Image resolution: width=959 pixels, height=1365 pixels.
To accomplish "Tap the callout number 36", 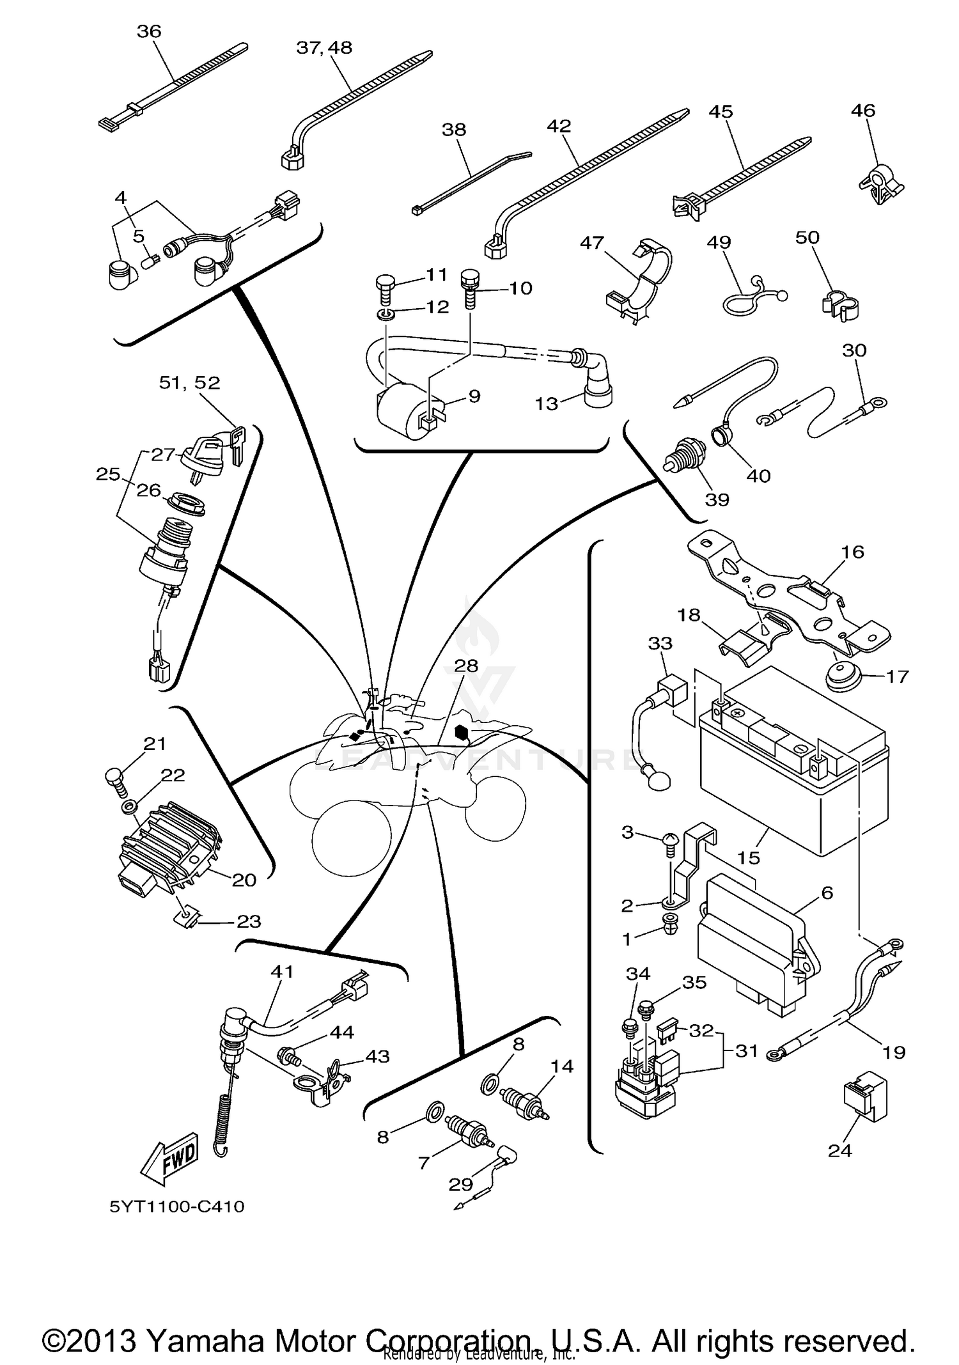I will click(x=149, y=31).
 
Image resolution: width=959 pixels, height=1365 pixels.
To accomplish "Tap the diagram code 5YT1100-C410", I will click(x=177, y=1206).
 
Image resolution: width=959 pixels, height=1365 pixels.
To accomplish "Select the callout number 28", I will click(x=466, y=666).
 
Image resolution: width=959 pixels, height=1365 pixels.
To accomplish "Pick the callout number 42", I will click(x=559, y=126).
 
